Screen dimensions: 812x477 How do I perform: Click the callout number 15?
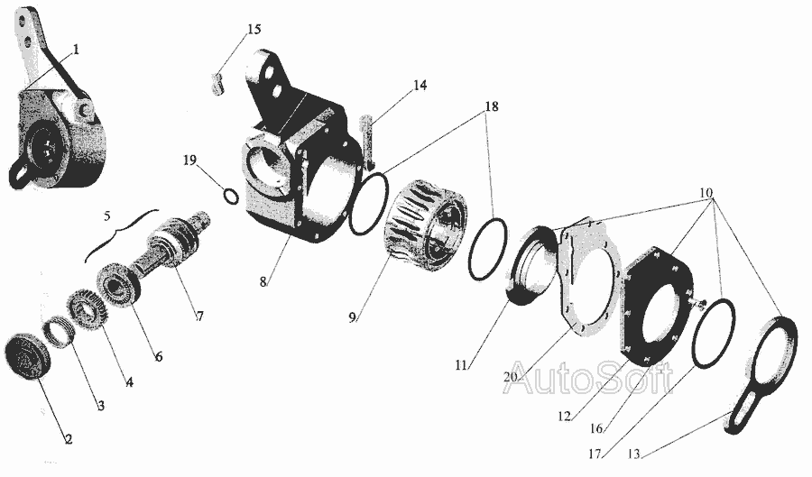[254, 29]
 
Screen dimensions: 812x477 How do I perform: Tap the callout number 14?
[420, 85]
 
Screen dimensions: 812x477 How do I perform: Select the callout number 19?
[189, 160]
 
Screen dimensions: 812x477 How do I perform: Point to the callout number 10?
[706, 192]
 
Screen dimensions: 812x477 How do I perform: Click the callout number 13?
[633, 454]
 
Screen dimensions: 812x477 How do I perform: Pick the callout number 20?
[511, 377]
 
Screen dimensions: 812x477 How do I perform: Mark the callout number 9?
[352, 317]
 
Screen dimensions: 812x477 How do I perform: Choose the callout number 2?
[69, 439]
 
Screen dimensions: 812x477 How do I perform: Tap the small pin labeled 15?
[217, 85]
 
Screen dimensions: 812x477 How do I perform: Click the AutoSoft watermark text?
[589, 379]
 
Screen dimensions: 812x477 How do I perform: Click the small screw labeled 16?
[699, 304]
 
